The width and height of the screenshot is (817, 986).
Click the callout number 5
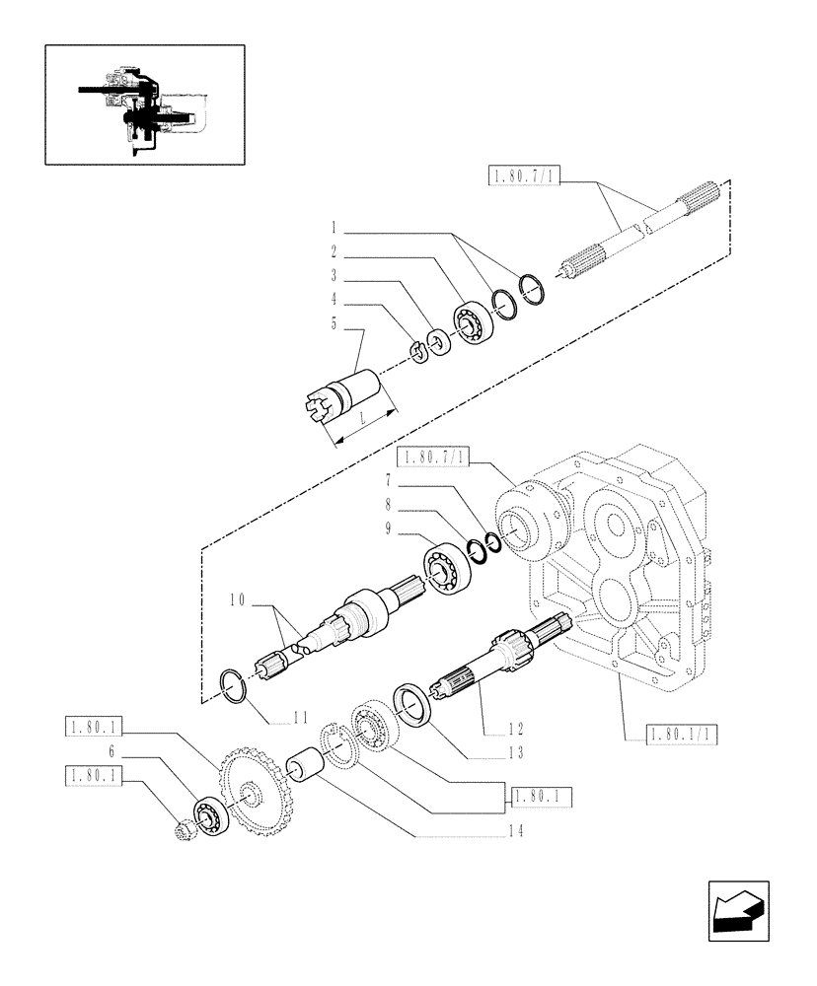[x=334, y=323]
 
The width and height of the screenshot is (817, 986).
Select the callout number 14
[x=514, y=831]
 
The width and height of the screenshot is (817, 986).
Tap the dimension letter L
[x=363, y=419]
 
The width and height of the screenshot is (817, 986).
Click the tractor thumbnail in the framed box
[x=144, y=104]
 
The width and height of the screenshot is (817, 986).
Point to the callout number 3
[x=334, y=275]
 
